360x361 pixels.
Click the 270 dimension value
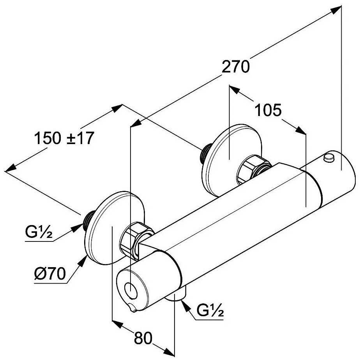point(235,67)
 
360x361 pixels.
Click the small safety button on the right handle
point(329,158)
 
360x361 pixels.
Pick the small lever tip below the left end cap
point(134,310)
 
